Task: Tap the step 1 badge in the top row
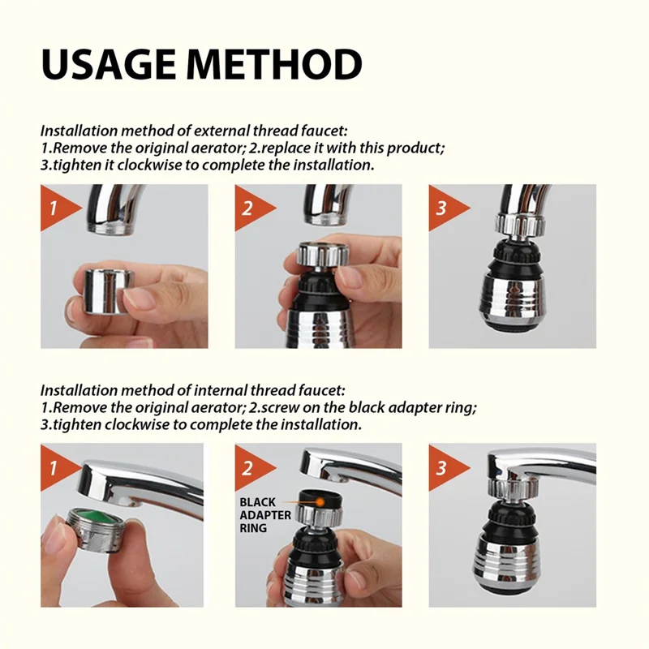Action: pyautogui.click(x=54, y=208)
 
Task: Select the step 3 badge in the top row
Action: pyautogui.click(x=443, y=208)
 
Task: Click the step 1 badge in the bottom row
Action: pyautogui.click(x=54, y=468)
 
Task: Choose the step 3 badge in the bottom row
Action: pyautogui.click(x=443, y=468)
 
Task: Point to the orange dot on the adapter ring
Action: pyautogui.click(x=323, y=502)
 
